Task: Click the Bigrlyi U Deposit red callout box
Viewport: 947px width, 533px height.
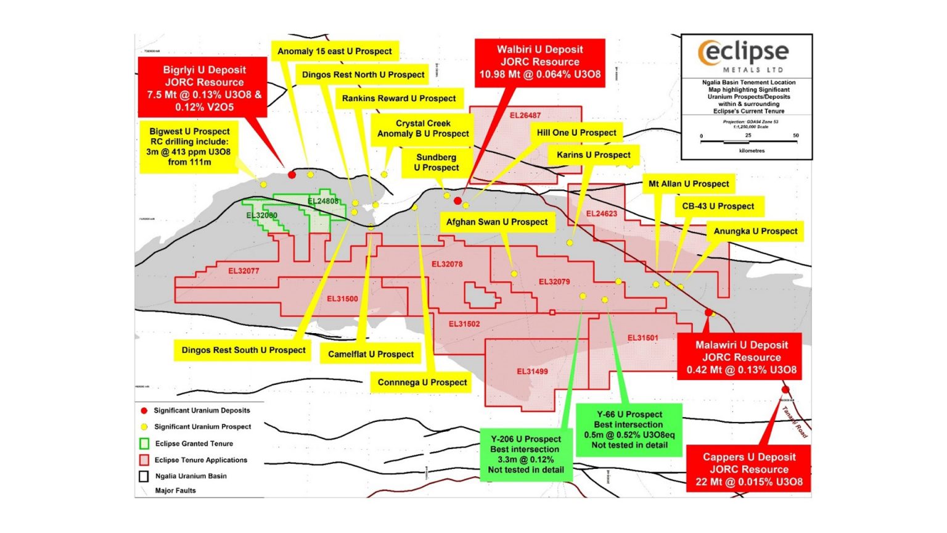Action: pos(204,88)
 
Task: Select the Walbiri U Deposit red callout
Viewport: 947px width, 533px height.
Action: pos(539,62)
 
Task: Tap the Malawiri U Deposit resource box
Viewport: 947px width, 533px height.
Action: pos(741,357)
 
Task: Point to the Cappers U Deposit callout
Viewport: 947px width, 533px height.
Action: pos(748,469)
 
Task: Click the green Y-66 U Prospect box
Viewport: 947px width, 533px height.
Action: pos(629,429)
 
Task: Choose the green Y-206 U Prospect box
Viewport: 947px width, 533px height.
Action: pos(525,454)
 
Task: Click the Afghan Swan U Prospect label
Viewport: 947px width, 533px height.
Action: pos(496,222)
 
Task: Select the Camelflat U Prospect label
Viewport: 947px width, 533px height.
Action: pos(371,354)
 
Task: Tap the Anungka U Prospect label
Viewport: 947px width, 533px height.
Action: pos(755,231)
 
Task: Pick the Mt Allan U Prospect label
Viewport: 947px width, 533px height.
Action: pos(688,184)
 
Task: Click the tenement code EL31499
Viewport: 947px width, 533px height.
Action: pos(532,371)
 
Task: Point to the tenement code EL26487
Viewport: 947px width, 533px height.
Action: pos(525,115)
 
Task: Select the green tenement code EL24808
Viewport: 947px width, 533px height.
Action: pos(323,201)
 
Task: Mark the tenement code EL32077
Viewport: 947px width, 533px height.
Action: pos(244,271)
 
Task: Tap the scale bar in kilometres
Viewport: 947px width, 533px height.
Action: pos(748,142)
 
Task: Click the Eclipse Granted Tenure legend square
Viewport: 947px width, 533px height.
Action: pos(144,444)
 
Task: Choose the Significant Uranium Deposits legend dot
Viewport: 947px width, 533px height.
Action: pos(144,410)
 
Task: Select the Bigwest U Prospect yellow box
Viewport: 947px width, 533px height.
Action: pos(189,147)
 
